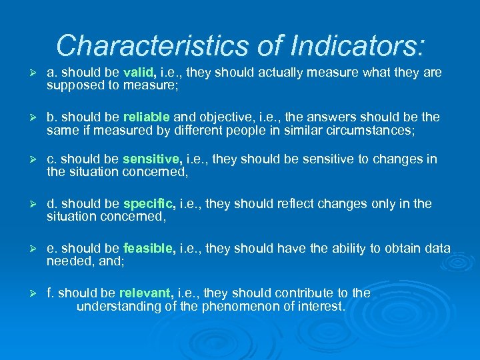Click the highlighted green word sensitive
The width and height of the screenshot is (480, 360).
tap(152, 159)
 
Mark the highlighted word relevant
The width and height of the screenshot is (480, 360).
tap(147, 293)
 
